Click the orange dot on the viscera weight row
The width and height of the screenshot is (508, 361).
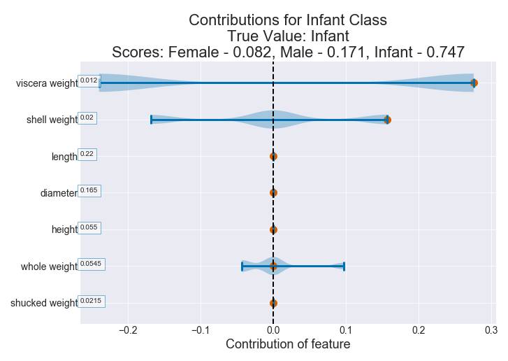click(474, 83)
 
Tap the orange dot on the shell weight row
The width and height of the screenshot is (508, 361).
click(387, 120)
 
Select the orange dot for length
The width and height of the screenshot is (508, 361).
click(273, 156)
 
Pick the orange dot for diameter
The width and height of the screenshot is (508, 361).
click(273, 192)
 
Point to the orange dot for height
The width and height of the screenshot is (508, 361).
click(273, 229)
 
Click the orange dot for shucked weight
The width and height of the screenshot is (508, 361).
click(273, 303)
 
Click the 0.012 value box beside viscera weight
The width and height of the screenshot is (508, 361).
click(89, 80)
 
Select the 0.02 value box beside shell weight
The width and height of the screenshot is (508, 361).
click(87, 118)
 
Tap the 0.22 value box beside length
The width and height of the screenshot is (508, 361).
click(87, 154)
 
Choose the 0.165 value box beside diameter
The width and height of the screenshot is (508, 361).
click(89, 190)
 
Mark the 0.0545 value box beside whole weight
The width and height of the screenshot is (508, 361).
click(91, 264)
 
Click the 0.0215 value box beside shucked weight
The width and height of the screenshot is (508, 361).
click(91, 301)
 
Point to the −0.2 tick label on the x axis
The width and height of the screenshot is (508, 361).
click(128, 330)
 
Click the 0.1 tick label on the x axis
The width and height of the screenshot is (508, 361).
click(346, 330)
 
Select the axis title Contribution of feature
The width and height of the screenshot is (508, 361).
click(288, 344)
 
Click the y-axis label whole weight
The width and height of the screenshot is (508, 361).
click(49, 267)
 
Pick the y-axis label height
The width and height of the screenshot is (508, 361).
click(64, 229)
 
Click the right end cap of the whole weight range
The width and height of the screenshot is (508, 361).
click(344, 266)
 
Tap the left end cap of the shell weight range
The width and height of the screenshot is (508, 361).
click(152, 120)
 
